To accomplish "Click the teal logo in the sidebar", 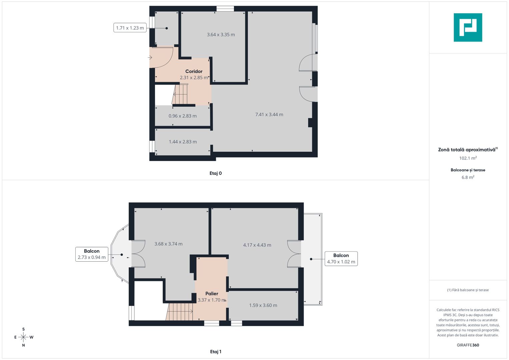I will (468, 27).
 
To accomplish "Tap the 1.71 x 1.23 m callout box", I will (130, 28).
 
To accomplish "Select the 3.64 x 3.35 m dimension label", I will (221, 35).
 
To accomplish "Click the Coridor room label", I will (194, 71).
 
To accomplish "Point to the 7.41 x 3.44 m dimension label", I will (269, 115).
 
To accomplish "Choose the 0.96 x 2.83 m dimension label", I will (182, 116).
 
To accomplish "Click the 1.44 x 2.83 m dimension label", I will (183, 142).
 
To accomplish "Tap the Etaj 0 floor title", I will (215, 173).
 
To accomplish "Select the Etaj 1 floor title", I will (215, 352).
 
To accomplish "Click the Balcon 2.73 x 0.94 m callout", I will (92, 254).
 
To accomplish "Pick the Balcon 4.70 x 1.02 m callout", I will (341, 259).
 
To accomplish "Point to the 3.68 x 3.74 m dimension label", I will (168, 244).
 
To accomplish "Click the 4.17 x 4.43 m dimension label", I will (257, 245).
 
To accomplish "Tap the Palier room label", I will (212, 294).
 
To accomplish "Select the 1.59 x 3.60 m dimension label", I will (263, 305).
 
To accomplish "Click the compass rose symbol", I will (23, 337).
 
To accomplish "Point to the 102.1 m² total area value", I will (468, 158).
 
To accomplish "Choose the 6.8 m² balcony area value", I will (468, 178).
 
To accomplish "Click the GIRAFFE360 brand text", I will (468, 345).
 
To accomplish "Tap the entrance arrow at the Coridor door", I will (150, 58).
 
